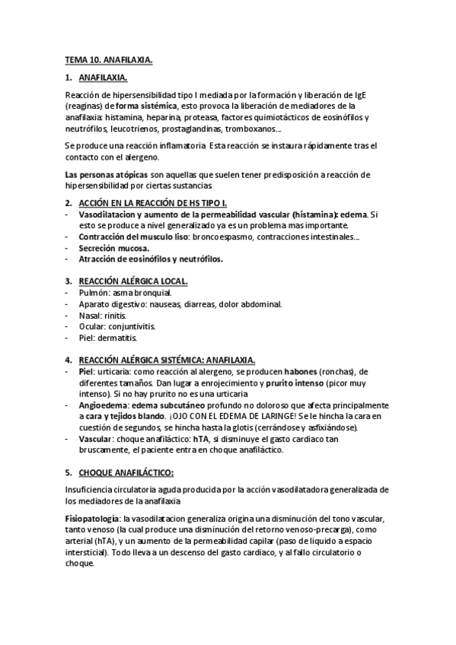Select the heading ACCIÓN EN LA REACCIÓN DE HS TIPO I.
(152, 203)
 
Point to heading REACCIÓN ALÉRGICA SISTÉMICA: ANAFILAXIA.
(166, 360)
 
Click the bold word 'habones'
(298, 371)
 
